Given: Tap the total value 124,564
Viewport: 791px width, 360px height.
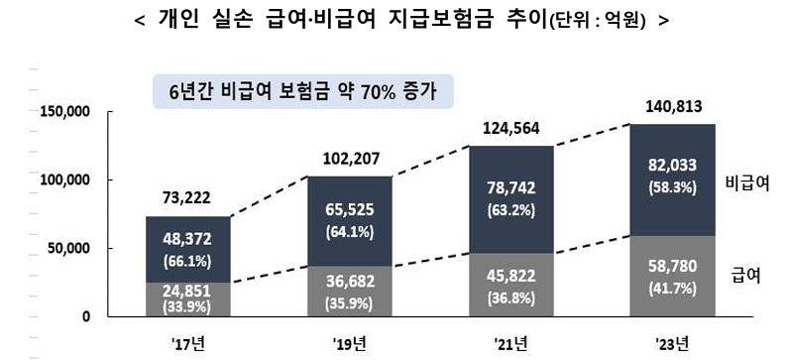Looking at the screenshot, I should coord(507,127).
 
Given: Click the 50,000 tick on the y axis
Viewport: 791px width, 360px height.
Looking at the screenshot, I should coord(70,248).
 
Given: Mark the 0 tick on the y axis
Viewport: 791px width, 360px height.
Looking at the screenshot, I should coord(87,316).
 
